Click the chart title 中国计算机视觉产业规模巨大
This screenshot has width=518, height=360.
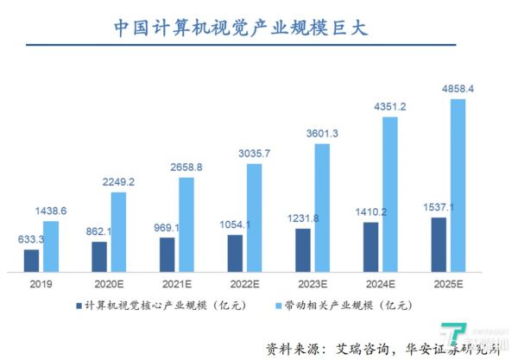coord(241,27)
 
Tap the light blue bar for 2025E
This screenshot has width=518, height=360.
coord(458,186)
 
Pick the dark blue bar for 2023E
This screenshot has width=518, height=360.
coord(302,250)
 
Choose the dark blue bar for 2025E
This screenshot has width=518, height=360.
coord(439,244)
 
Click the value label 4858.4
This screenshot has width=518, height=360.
coord(458,88)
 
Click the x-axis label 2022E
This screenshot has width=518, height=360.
coord(244,284)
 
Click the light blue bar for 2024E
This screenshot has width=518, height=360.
coord(390,193)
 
